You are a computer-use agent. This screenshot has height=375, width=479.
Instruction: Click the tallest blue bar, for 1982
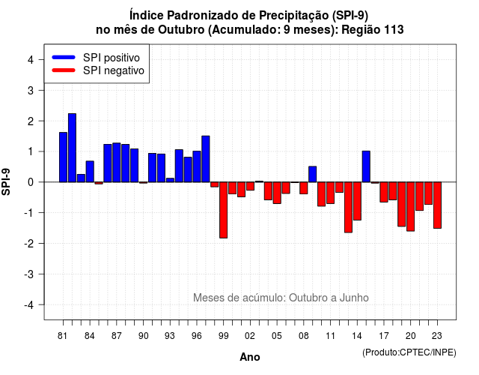72,148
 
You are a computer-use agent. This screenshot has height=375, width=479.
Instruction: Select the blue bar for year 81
63,157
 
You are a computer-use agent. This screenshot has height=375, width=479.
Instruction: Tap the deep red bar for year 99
224,210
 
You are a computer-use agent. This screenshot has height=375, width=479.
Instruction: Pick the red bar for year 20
411,207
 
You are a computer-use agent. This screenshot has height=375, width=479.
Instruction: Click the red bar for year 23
437,205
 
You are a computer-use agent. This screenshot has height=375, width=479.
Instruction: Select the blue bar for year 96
197,166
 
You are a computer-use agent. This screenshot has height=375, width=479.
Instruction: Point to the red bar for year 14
357,201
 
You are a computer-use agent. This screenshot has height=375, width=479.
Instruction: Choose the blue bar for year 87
117,163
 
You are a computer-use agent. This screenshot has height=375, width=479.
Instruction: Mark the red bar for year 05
277,193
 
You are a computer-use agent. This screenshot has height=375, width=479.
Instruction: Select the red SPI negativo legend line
64,70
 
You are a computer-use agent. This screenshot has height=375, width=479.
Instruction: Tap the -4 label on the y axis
29,305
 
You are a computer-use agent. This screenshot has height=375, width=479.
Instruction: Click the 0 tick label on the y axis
31,182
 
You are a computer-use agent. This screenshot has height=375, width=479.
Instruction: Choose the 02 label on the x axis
250,336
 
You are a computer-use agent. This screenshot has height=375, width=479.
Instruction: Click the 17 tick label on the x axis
384,336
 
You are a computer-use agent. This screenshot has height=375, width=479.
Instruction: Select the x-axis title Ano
250,357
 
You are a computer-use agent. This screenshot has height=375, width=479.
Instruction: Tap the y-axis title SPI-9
6,181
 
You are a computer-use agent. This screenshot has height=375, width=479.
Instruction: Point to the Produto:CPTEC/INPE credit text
409,352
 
